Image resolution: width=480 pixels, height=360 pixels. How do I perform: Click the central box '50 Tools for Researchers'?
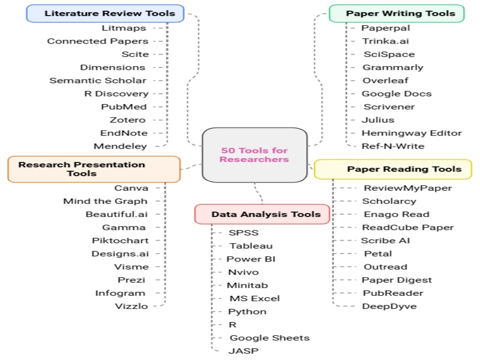point(255,155)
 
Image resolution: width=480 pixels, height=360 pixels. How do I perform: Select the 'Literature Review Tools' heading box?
point(105,13)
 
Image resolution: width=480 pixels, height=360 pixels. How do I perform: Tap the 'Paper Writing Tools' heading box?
point(396,13)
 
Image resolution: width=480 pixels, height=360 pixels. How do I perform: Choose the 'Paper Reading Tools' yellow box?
point(393,169)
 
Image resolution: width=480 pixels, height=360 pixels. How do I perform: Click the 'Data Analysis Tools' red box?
point(262,214)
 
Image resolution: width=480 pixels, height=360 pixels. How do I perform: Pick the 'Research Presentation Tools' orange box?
point(94,169)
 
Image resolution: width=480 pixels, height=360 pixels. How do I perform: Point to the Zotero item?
point(127,120)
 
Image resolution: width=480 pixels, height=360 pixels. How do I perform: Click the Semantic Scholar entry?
point(98,81)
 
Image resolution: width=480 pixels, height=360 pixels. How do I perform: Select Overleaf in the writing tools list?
point(385,81)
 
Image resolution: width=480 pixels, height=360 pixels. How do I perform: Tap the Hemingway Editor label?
point(412,133)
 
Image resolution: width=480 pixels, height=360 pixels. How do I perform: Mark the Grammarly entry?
point(393,67)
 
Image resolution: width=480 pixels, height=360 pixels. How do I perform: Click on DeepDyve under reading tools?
point(389,307)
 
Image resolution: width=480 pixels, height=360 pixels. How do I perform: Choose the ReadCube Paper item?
point(408,228)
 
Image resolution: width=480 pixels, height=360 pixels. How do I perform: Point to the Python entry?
point(247,312)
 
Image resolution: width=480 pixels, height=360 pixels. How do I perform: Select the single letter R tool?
point(232,325)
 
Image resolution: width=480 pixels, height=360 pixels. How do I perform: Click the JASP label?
point(243,351)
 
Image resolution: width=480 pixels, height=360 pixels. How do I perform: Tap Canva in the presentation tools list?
point(131,188)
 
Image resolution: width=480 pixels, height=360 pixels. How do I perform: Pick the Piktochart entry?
point(120,241)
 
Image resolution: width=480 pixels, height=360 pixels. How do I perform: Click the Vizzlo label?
point(131,307)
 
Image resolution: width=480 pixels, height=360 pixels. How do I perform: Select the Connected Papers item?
point(97,41)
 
